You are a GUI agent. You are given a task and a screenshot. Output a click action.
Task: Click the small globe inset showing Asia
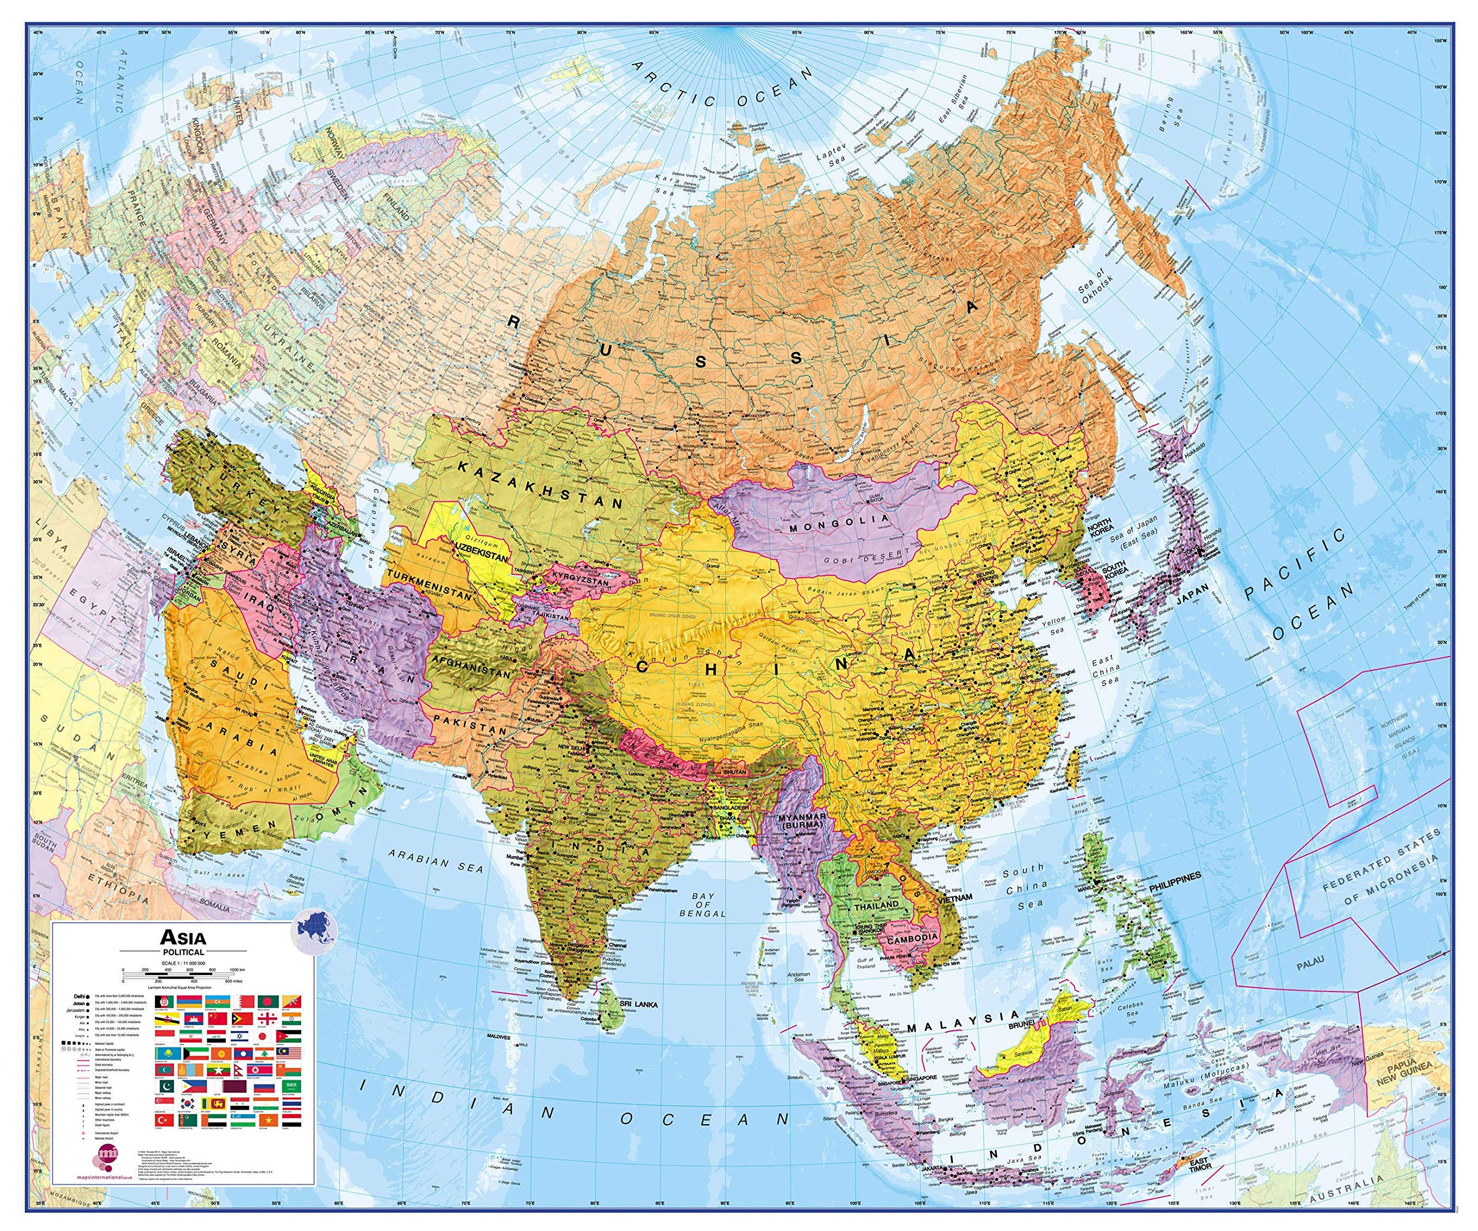[315, 930]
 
